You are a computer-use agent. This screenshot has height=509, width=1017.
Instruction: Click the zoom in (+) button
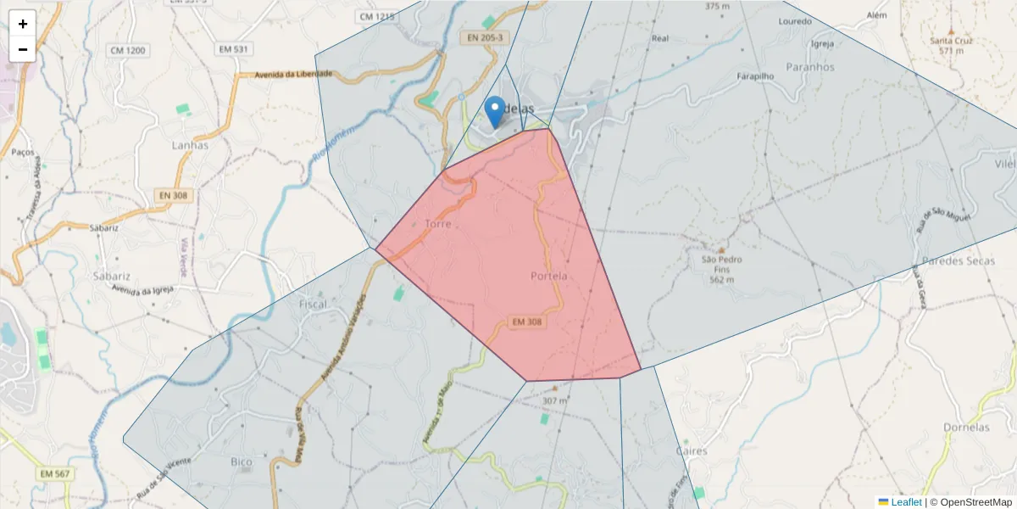(23, 24)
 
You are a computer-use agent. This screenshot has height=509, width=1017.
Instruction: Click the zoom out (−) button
(23, 49)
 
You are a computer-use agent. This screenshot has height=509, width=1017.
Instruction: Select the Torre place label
(438, 224)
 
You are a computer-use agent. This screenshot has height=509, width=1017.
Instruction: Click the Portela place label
(548, 277)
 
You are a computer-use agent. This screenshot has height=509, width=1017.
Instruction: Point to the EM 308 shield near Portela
(527, 322)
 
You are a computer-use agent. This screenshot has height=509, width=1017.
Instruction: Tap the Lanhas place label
(190, 145)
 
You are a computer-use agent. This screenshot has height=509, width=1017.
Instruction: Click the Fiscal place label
(313, 304)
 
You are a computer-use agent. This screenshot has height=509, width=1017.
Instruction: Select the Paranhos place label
(810, 67)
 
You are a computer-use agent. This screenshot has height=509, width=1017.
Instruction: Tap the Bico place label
(242, 462)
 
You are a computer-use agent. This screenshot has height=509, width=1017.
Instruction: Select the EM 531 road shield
(233, 49)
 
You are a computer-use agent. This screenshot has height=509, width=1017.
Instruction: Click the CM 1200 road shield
(128, 51)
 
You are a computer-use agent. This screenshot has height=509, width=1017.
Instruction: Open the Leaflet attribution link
(906, 502)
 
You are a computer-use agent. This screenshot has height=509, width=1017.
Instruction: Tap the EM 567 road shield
(55, 473)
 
